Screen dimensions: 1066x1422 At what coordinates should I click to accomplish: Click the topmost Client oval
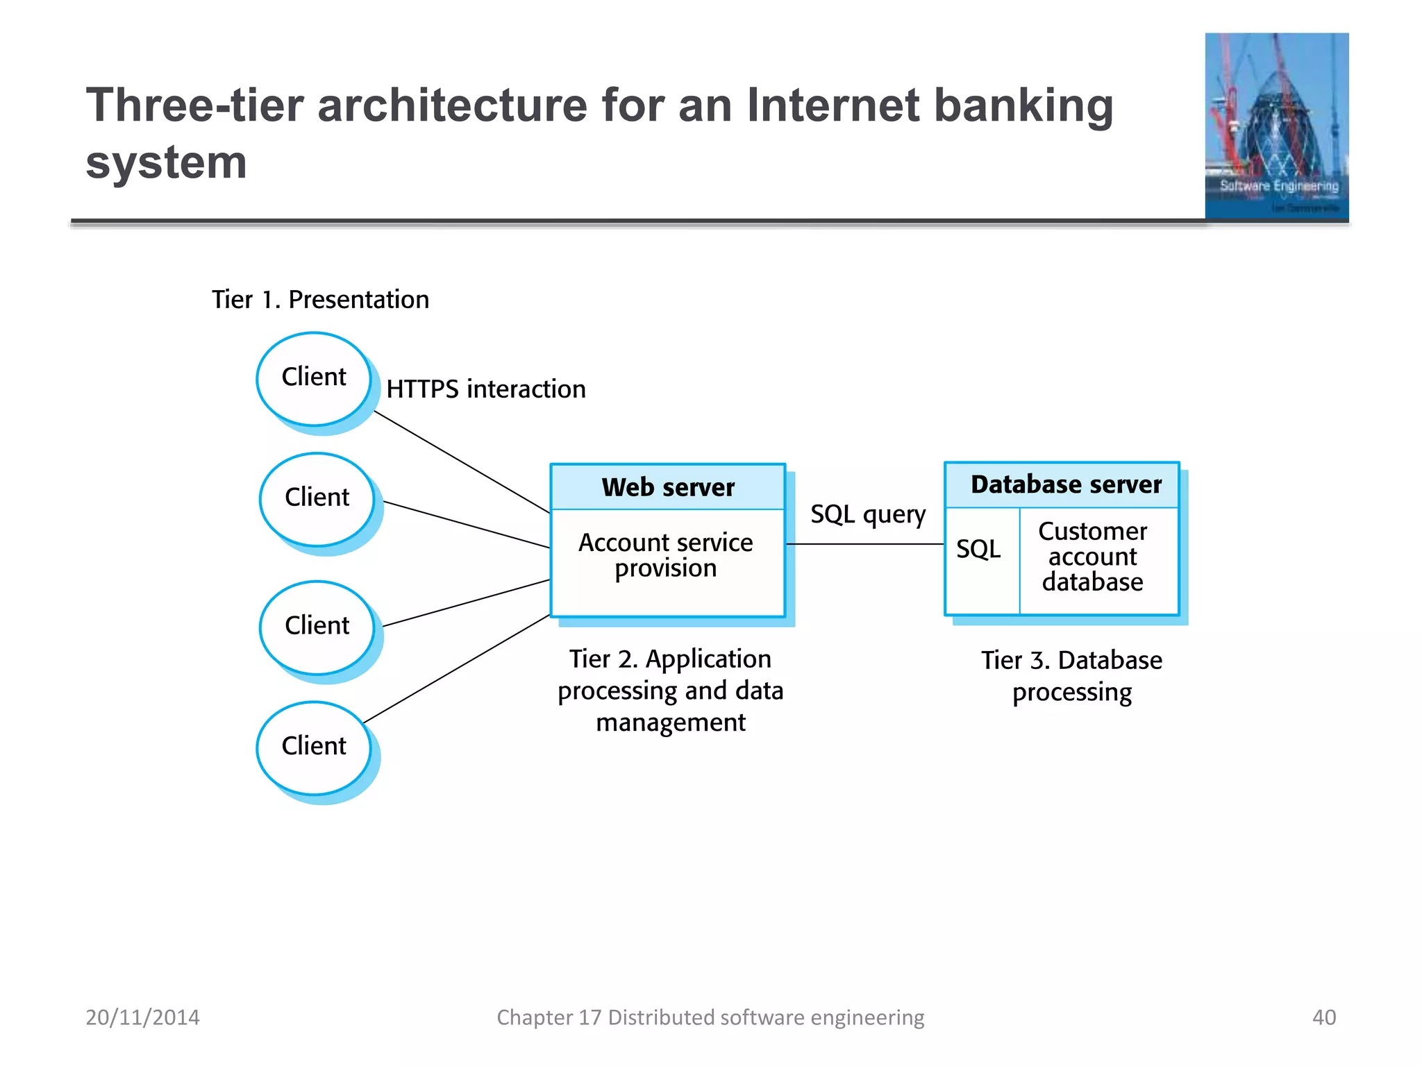pos(314,378)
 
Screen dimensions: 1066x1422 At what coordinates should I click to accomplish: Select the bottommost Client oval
pos(314,747)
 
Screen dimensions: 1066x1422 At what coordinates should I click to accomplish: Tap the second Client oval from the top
pos(317,499)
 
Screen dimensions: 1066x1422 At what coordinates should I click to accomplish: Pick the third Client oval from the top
pos(317,627)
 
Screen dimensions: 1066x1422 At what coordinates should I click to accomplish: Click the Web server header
pos(667,487)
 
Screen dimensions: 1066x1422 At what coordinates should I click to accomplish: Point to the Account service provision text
pos(666,555)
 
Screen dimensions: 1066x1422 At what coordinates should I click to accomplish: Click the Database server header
pos(1065,484)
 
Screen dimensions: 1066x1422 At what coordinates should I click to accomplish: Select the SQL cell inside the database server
pos(979,550)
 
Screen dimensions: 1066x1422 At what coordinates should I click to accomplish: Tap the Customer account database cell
pos(1093,557)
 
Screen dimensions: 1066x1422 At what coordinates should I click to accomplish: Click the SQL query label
pos(868,514)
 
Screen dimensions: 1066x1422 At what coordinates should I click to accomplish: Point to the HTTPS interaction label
pos(486,389)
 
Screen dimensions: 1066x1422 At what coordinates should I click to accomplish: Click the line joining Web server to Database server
pos(865,544)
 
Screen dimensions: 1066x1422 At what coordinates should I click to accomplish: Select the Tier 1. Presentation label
pos(320,300)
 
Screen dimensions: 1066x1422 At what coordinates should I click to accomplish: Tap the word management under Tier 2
pos(671,722)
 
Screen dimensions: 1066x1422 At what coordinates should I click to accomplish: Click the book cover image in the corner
pos(1276,126)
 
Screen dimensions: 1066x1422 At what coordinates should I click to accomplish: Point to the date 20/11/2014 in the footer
pos(142,1017)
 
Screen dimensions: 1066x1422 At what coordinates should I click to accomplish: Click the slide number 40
pos(1323,1017)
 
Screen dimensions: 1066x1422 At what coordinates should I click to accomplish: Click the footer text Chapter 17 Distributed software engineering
pos(710,1017)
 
